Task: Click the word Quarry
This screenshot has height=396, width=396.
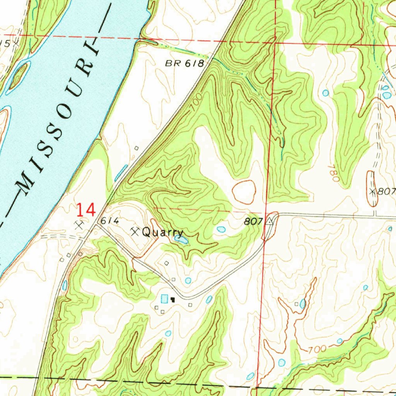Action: [162, 232]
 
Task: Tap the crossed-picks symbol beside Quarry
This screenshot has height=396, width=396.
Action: [135, 232]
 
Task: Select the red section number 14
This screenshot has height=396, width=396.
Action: [85, 210]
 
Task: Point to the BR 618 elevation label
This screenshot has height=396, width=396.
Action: [184, 64]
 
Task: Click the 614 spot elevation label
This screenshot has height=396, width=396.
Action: [109, 221]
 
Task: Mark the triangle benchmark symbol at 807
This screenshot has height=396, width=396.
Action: [270, 222]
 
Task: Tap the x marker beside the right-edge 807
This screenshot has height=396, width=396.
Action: [372, 191]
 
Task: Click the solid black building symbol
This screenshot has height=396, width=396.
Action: [172, 299]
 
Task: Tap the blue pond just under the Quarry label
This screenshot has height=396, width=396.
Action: [181, 240]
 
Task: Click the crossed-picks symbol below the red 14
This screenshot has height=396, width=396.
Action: [80, 224]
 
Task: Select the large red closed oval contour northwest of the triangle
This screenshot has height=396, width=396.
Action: [244, 192]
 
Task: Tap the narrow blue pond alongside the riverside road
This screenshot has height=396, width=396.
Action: [121, 172]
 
